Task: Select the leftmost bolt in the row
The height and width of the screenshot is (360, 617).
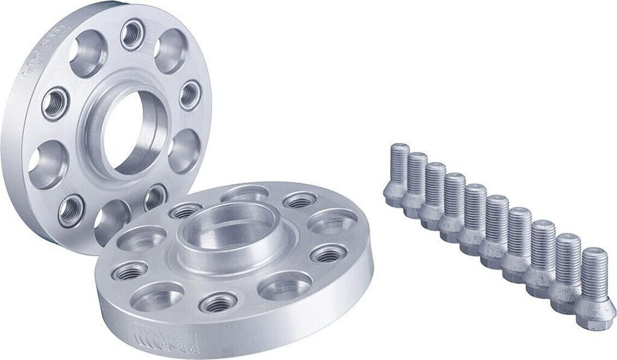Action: click(x=396, y=175)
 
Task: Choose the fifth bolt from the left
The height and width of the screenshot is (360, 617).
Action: click(x=474, y=214)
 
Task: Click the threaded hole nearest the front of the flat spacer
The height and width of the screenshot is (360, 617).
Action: click(x=218, y=302)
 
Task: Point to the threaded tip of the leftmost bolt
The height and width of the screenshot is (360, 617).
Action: click(x=399, y=154)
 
